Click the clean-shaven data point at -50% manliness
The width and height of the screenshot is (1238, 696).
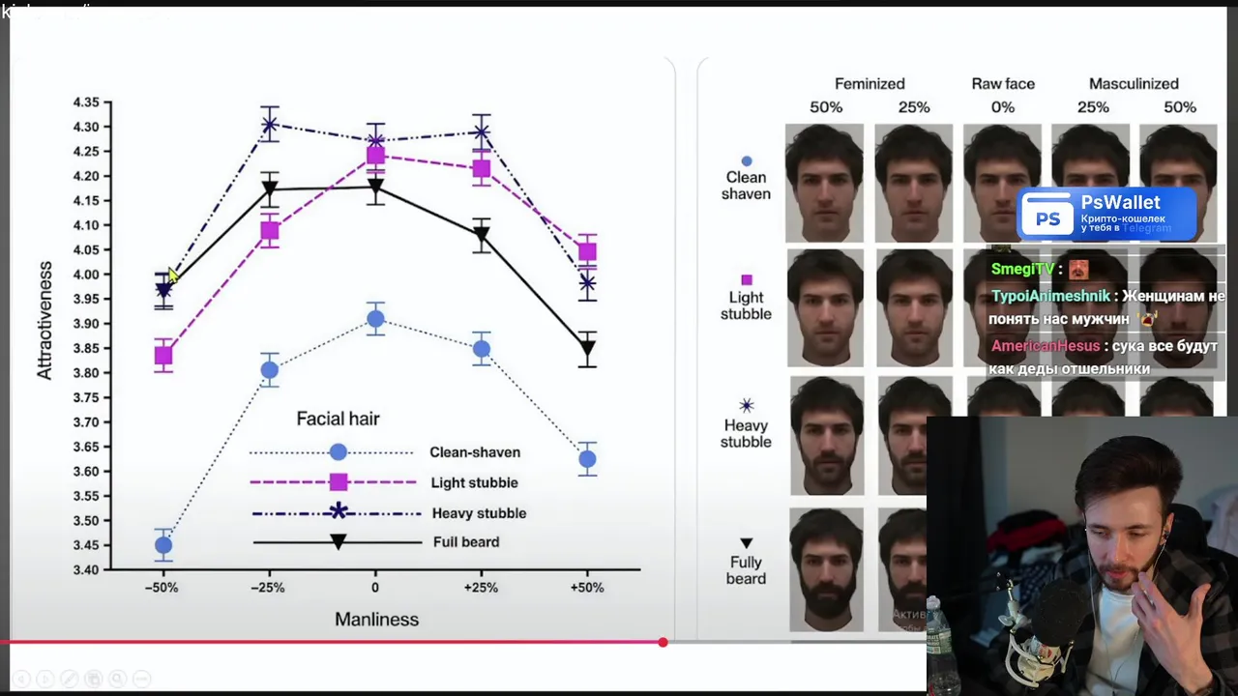[x=163, y=545]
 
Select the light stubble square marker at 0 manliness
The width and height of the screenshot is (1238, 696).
[x=375, y=156]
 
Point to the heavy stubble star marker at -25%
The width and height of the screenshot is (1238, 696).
[x=270, y=125]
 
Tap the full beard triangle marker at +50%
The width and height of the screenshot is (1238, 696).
[x=587, y=349]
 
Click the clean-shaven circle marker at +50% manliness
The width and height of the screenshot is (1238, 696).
[x=587, y=459]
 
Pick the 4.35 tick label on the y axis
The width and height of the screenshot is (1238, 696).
[x=86, y=102]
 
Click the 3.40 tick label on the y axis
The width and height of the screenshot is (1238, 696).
[x=86, y=570]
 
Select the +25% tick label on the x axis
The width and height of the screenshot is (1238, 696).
[x=481, y=588]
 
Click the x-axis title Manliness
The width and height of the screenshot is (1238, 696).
[x=376, y=620]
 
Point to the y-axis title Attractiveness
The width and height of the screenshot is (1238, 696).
[x=44, y=320]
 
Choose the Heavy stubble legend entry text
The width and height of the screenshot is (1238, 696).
[x=479, y=513]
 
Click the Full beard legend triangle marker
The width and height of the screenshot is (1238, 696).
[x=339, y=542]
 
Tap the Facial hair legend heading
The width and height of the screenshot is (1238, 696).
[x=338, y=419]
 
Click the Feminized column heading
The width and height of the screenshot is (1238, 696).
[x=870, y=84]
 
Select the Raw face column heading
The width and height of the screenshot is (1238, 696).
[x=1003, y=84]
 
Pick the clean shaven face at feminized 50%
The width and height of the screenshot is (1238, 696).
[x=825, y=183]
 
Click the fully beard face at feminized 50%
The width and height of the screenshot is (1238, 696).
[x=826, y=570]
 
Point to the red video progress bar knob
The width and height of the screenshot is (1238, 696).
[x=663, y=642]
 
